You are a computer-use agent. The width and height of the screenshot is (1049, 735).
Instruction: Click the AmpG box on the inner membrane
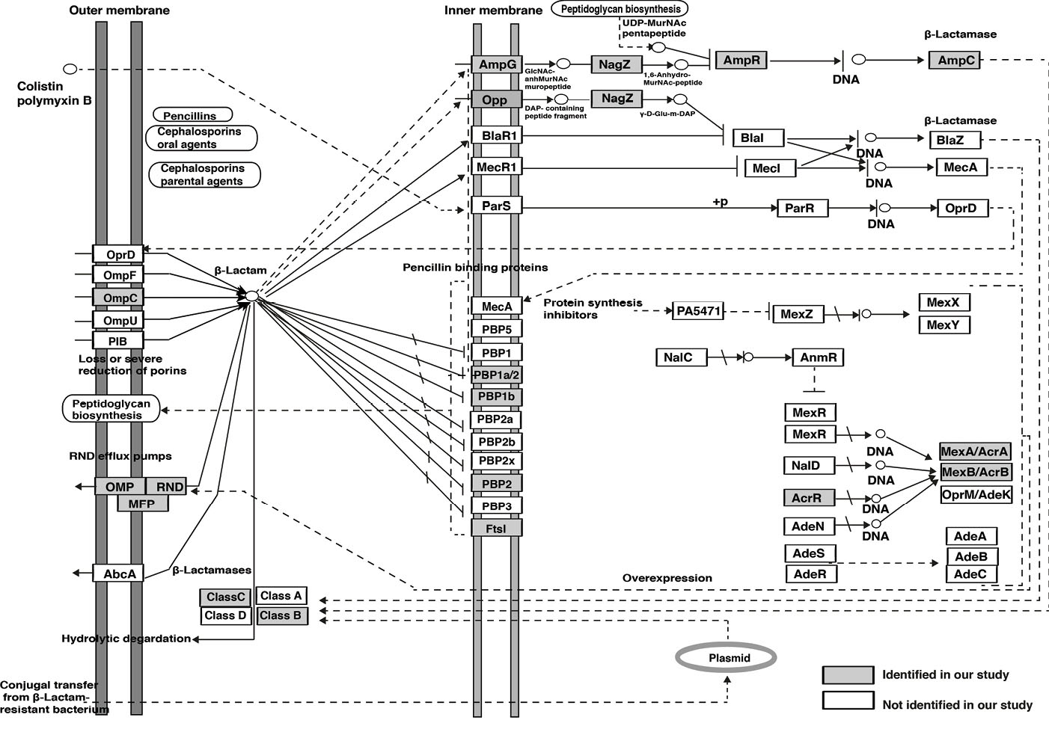497,64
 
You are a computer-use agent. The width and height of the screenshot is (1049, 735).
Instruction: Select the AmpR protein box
741,61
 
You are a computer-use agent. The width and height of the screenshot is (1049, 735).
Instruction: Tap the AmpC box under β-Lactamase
955,61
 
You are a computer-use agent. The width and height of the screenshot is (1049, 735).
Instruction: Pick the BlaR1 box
497,135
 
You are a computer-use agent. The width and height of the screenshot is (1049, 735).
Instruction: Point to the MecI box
765,168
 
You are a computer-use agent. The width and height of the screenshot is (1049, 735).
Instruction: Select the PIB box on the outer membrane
117,341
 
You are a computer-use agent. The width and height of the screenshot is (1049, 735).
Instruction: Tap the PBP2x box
496,461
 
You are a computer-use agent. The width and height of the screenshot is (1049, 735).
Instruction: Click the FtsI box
496,528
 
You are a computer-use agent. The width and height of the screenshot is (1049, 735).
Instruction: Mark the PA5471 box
697,310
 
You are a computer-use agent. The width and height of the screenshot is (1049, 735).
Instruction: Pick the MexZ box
797,314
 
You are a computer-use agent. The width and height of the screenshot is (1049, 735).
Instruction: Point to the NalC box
678,357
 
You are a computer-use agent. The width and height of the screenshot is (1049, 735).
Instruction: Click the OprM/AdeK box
976,494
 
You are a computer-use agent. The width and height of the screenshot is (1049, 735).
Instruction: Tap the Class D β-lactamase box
225,615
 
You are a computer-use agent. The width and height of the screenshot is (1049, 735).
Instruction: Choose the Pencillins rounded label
192,116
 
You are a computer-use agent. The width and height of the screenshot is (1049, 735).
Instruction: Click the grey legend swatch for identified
848,674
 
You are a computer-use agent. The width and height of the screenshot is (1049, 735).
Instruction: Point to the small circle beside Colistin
70,69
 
